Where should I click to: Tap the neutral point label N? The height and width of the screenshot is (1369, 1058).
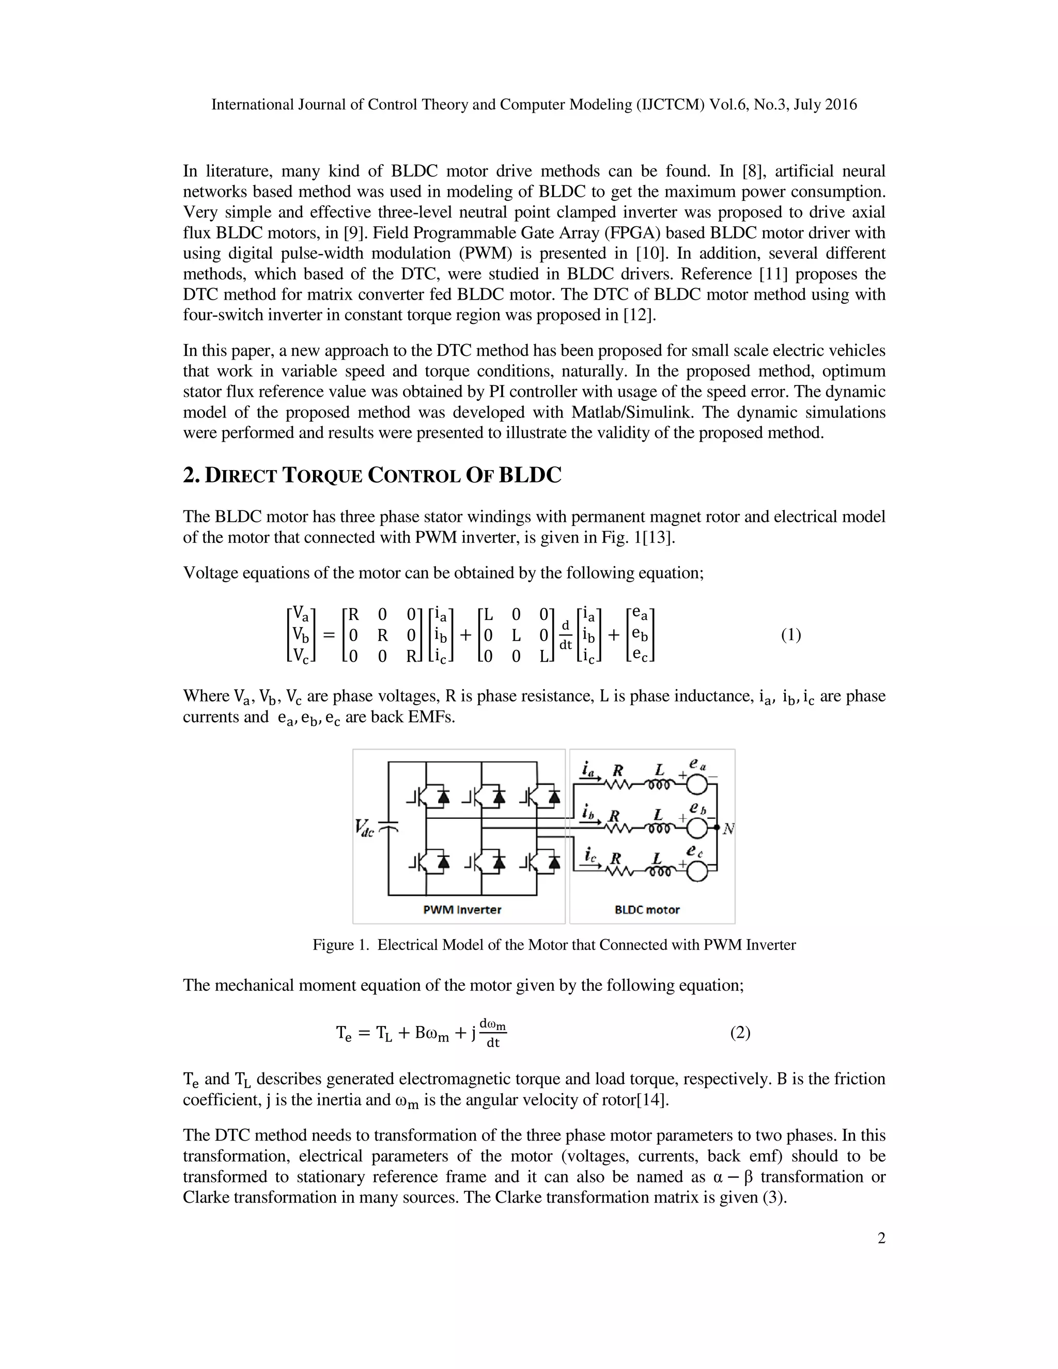(728, 829)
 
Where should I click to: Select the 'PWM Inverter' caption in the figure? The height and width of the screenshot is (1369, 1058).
(462, 910)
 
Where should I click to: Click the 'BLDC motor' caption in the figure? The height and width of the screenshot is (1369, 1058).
(647, 910)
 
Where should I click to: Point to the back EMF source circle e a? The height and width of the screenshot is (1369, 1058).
(697, 784)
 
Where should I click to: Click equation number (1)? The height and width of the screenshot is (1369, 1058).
(790, 635)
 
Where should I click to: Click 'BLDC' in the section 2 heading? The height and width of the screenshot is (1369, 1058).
(530, 476)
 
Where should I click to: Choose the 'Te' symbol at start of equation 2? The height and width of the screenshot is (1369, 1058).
(344, 1034)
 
